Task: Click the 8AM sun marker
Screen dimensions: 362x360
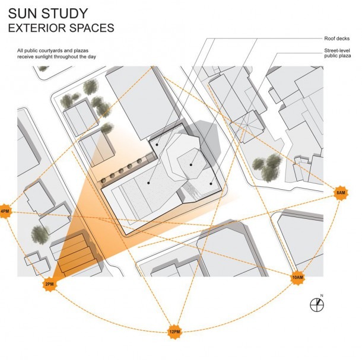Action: pos(341,193)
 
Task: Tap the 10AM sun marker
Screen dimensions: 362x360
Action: pos(297,277)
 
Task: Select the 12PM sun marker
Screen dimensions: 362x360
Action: pos(174,332)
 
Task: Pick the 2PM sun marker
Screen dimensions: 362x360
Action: pos(50,284)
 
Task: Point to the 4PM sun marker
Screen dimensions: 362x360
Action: pos(5,211)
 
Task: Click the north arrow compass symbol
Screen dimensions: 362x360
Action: pos(317,305)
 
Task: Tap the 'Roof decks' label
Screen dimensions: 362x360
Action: pos(337,39)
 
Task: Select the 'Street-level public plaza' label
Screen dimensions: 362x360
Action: pos(338,53)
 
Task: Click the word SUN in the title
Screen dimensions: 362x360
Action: pos(23,14)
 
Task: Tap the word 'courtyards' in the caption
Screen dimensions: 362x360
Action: pos(50,50)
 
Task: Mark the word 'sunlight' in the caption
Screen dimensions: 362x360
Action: pos(44,56)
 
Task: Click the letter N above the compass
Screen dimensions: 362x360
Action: pos(322,295)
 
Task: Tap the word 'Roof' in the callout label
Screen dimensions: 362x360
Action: pos(329,39)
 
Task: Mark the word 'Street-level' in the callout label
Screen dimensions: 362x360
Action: pos(337,50)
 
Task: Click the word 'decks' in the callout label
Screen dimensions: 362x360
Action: pos(343,39)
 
